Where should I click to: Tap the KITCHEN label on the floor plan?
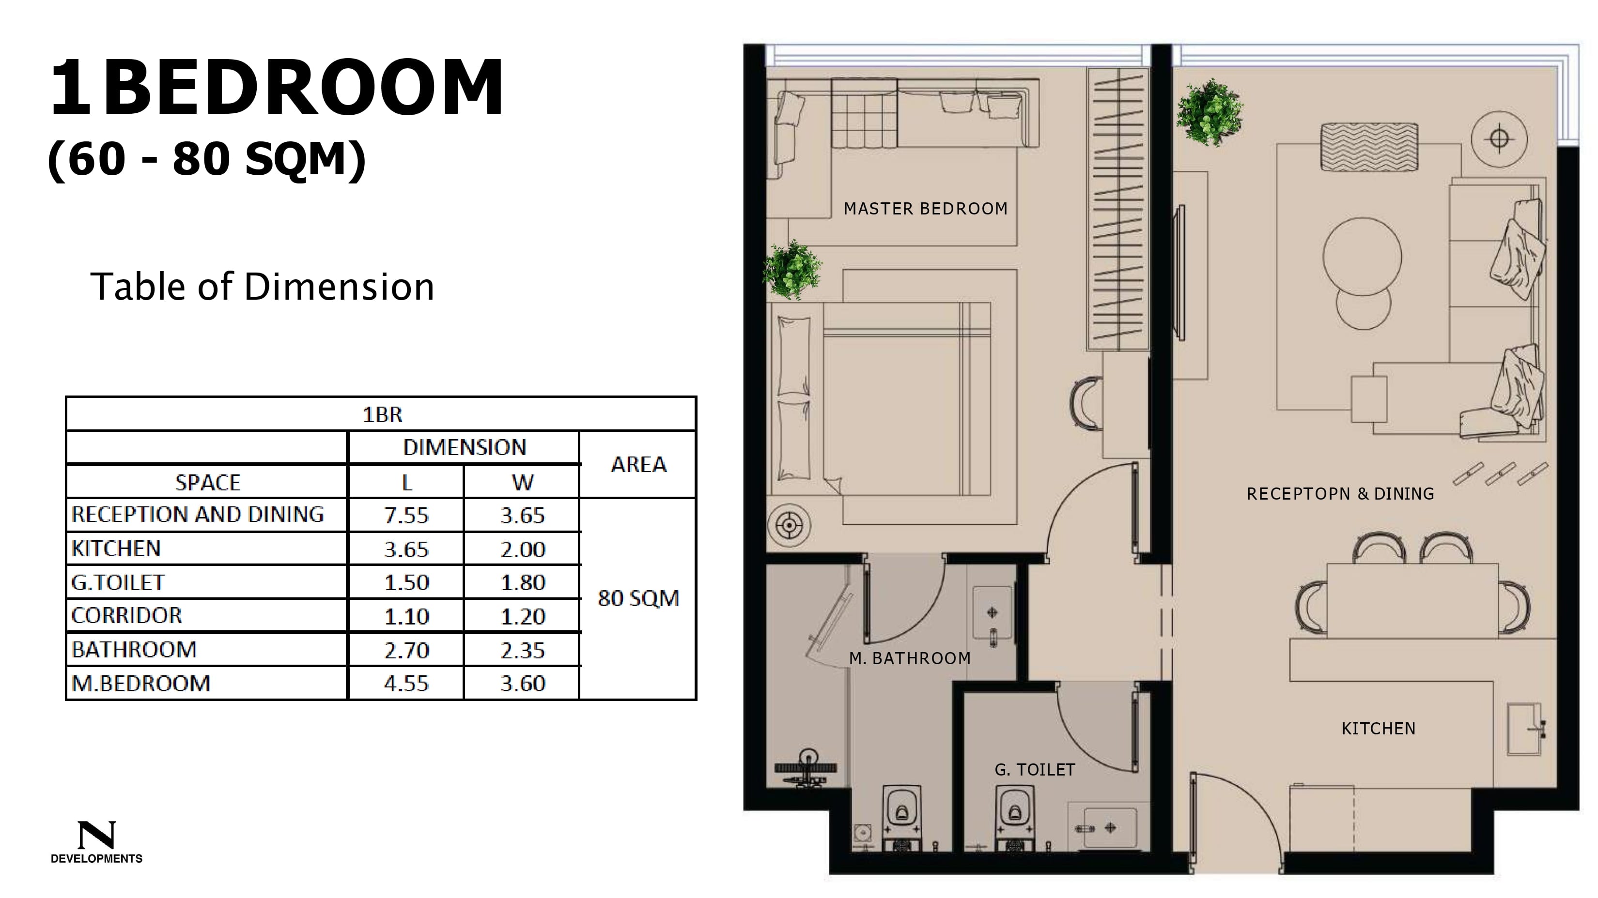pyautogui.click(x=1379, y=728)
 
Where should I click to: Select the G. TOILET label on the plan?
pyautogui.click(x=1035, y=770)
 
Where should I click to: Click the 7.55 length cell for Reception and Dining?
pyautogui.click(x=406, y=515)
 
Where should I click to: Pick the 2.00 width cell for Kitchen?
pyautogui.click(x=522, y=549)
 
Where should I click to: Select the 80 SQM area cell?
pyautogui.click(x=638, y=598)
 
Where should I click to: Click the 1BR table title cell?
pyautogui.click(x=382, y=414)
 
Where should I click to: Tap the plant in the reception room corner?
pyautogui.click(x=1210, y=112)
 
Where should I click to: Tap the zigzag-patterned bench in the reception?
pyautogui.click(x=1369, y=147)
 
